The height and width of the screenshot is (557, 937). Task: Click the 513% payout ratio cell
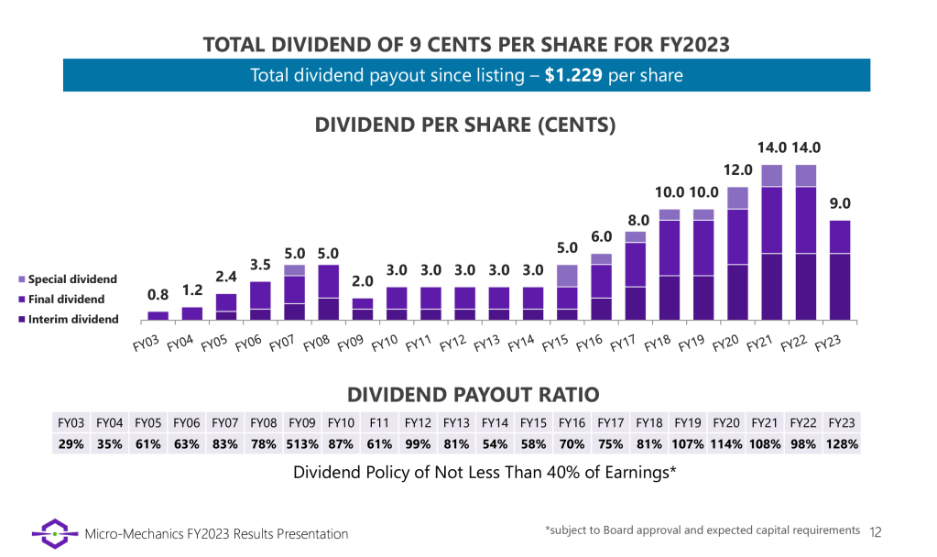[x=302, y=444]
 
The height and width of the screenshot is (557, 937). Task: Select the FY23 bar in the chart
[x=840, y=270]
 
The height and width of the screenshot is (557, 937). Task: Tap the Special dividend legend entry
[x=72, y=278]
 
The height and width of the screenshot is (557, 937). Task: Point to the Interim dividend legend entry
[x=72, y=319]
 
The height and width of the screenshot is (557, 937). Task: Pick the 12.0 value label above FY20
[x=737, y=170]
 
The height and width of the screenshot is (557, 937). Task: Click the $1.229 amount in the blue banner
[x=573, y=75]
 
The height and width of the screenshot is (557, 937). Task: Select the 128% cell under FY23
[x=842, y=444]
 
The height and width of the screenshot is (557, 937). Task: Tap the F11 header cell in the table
[x=379, y=422]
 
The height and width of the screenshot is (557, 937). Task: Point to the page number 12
[x=876, y=531]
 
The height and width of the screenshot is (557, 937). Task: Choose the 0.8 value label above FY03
[x=158, y=295]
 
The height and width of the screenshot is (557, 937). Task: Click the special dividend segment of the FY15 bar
[x=568, y=276]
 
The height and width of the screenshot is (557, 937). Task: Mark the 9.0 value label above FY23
[x=840, y=203]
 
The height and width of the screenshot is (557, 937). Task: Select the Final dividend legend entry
[x=67, y=299]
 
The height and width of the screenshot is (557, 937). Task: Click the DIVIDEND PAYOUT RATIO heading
[x=473, y=395]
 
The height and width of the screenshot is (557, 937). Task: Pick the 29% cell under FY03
[x=71, y=444]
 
